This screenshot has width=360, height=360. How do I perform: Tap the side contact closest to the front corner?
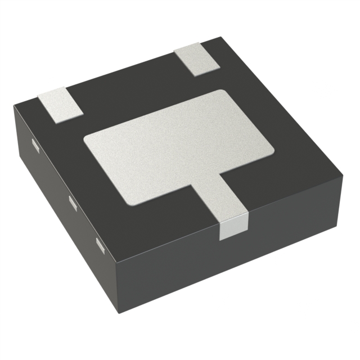pyautogui.click(x=100, y=244)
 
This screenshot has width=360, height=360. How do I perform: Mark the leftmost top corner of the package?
pyautogui.click(x=14, y=105)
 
